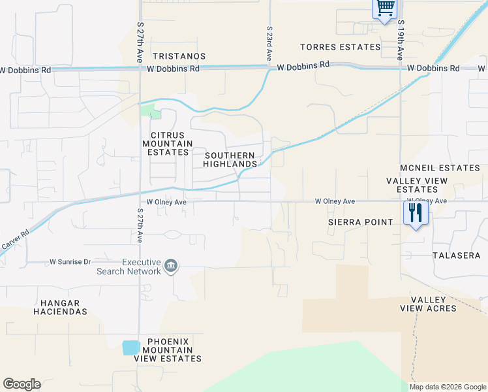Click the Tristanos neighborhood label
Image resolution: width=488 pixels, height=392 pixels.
(x=179, y=57)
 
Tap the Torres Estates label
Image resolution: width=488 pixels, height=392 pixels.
(x=340, y=47)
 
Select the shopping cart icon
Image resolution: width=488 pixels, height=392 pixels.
(x=385, y=8)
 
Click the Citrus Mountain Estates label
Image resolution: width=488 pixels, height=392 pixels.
(x=168, y=144)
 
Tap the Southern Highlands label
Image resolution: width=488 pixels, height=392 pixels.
(x=230, y=159)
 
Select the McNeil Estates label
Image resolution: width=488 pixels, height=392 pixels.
(x=440, y=168)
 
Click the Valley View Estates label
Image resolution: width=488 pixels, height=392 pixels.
(x=417, y=185)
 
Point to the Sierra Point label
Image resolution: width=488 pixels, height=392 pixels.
(x=361, y=222)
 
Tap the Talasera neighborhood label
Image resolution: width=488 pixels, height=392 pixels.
(x=456, y=255)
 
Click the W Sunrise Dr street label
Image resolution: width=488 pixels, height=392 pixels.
(x=70, y=261)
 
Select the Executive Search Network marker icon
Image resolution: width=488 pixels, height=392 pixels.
(x=171, y=265)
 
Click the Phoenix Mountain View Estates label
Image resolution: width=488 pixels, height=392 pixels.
(x=168, y=350)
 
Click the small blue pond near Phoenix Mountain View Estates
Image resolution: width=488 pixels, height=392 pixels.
(x=130, y=348)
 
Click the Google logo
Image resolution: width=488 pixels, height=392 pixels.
(x=22, y=384)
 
